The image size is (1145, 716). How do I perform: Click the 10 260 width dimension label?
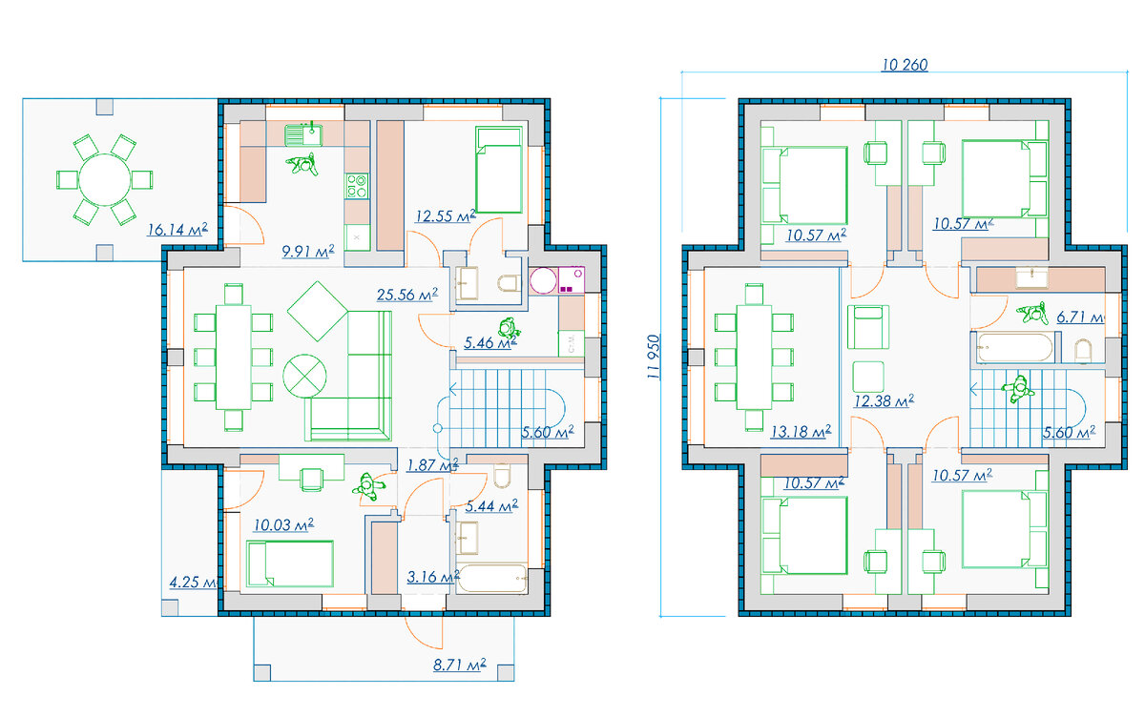pos(905,65)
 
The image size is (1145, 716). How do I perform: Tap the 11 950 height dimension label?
pos(654,357)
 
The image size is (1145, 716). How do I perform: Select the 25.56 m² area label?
pos(406,295)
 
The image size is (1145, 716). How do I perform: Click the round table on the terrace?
pos(104,180)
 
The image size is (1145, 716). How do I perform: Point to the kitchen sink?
pos(303,135)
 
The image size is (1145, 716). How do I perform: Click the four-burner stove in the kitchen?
pos(357,186)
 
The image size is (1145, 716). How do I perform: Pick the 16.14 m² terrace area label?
pos(177,230)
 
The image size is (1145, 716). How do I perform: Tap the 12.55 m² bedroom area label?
pos(446,216)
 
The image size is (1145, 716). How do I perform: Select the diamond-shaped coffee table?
pos(318,311)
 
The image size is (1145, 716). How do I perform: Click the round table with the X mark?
pos(304,376)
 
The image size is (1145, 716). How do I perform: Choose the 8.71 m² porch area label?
pos(459,665)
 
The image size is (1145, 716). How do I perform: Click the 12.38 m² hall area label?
pos(884,400)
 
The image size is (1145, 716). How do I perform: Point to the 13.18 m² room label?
pos(801,432)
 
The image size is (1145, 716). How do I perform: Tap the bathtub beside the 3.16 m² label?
pos(491,579)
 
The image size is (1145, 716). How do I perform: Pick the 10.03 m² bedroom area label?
pos(283,524)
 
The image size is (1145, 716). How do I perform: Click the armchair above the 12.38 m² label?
pos(868,327)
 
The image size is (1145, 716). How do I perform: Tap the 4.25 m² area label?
pos(193,583)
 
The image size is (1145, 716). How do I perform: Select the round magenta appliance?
pos(543,280)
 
